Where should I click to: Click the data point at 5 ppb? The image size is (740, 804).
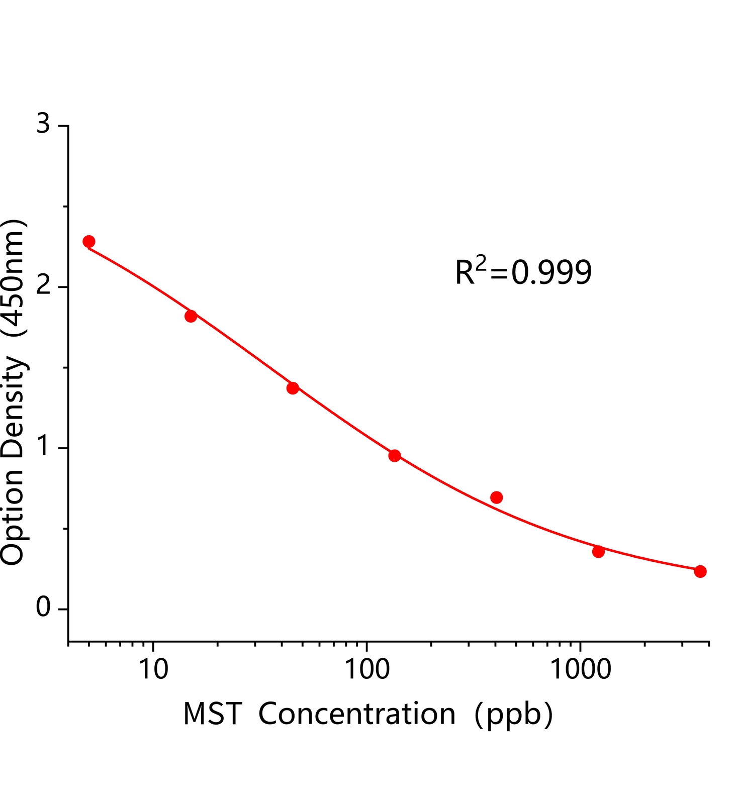tap(89, 241)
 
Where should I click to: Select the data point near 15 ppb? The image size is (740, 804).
tap(191, 316)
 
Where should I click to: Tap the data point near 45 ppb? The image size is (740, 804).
tap(293, 388)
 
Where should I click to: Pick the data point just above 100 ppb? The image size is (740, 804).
tap(395, 456)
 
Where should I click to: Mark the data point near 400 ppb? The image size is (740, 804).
tap(497, 497)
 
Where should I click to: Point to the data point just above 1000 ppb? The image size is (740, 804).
tap(598, 552)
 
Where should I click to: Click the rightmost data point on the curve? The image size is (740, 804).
tap(700, 571)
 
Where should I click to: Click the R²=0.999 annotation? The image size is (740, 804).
tap(523, 272)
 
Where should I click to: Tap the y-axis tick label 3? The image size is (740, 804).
tap(44, 124)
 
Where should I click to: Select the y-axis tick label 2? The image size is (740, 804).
tap(44, 286)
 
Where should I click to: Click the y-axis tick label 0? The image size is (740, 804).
tap(44, 609)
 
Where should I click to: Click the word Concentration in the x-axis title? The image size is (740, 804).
tap(357, 714)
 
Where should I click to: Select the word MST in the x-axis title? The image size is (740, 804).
tap(212, 714)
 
